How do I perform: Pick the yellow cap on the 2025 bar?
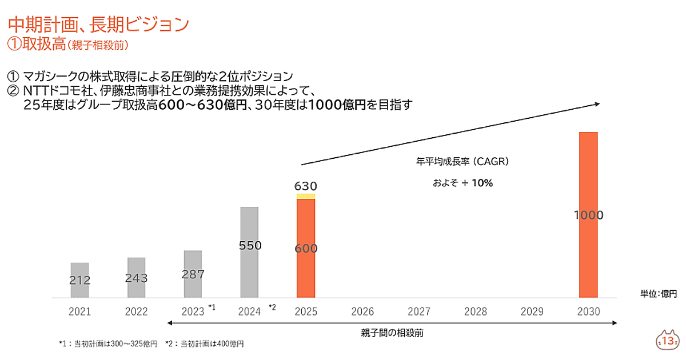click(x=306, y=196)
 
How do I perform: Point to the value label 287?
click(x=193, y=274)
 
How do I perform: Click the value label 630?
click(x=306, y=186)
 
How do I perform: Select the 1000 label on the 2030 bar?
click(x=589, y=215)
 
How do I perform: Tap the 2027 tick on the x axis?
click(x=419, y=312)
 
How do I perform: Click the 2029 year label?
click(x=532, y=312)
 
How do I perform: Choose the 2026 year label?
click(x=362, y=312)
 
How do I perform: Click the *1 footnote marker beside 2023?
click(x=212, y=307)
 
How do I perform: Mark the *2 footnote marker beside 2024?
click(x=272, y=307)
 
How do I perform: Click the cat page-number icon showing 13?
click(x=667, y=340)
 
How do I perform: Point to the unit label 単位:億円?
click(x=659, y=294)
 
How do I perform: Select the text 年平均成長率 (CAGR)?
click(x=462, y=162)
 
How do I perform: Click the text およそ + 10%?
click(x=462, y=183)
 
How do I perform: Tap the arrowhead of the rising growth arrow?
click(x=596, y=103)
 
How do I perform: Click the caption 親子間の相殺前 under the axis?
click(x=392, y=332)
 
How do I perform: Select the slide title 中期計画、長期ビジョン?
click(x=98, y=24)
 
